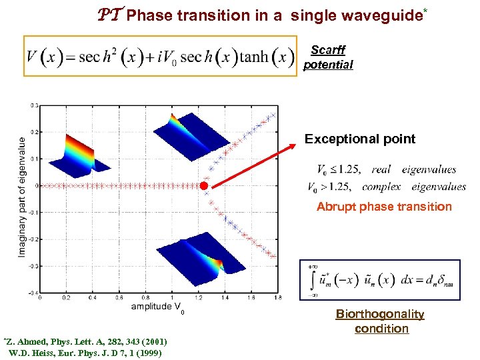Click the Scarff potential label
pos(327,57)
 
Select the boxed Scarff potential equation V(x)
pos(159,56)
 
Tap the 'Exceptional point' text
pos(359,139)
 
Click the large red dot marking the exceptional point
pos(205,185)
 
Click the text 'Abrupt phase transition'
pos(383,207)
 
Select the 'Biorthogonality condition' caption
pos(380,321)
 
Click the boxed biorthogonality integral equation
pos(380,279)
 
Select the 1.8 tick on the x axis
pos(277,298)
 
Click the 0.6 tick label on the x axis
pos(119,298)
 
